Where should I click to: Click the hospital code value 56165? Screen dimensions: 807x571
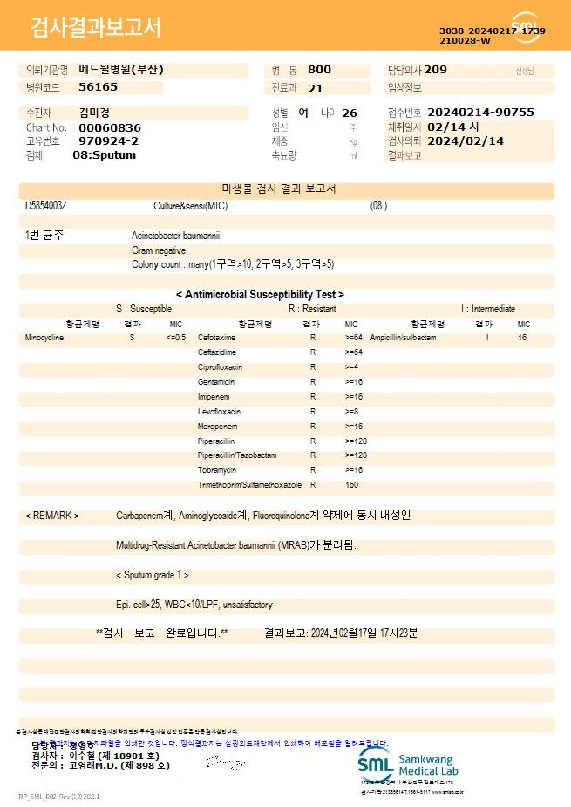tap(98, 87)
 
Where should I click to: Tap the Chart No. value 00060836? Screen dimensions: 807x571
tap(109, 127)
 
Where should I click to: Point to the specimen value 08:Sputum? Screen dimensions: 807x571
tap(105, 155)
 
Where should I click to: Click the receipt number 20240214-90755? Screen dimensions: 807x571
tap(481, 113)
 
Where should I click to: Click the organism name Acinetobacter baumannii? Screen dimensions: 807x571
tap(177, 236)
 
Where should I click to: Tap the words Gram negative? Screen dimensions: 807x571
tap(159, 250)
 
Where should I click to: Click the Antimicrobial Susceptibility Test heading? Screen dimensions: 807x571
tap(260, 295)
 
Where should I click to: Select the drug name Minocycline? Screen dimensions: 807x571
tap(44, 337)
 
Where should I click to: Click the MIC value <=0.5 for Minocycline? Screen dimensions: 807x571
tap(176, 337)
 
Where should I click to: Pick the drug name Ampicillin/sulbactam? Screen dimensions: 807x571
tap(403, 337)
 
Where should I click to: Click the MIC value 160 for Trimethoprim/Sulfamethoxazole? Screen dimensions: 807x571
tap(352, 484)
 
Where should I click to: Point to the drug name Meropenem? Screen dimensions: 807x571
tap(217, 426)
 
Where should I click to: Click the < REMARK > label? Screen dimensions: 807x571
tap(52, 516)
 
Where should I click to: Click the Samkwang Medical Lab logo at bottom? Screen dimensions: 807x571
tap(407, 764)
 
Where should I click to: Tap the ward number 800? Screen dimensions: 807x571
tap(319, 70)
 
